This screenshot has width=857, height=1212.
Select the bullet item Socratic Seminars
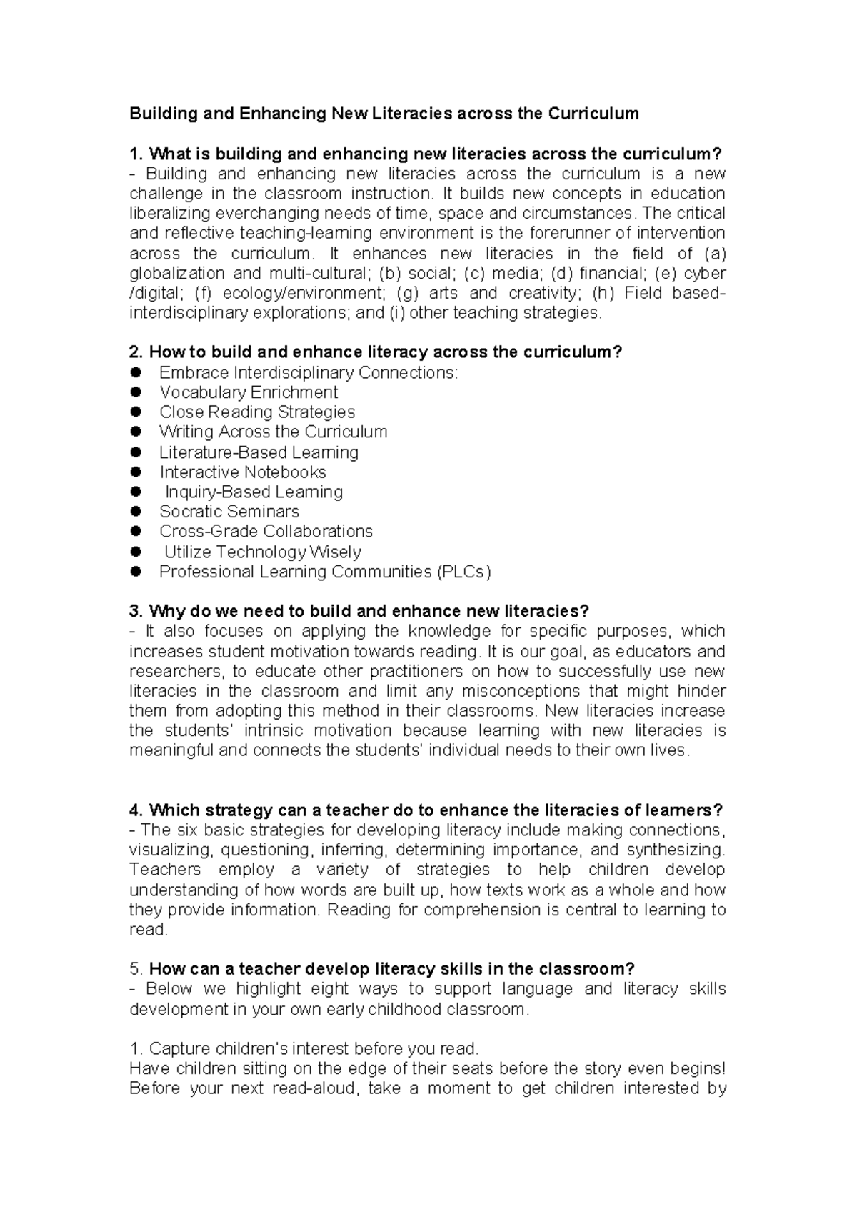point(229,512)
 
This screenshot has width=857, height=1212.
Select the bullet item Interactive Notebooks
point(242,472)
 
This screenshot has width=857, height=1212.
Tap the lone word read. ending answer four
point(148,930)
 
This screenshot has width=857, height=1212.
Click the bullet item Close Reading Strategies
point(256,412)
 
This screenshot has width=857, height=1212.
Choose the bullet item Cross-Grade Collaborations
point(266,532)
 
